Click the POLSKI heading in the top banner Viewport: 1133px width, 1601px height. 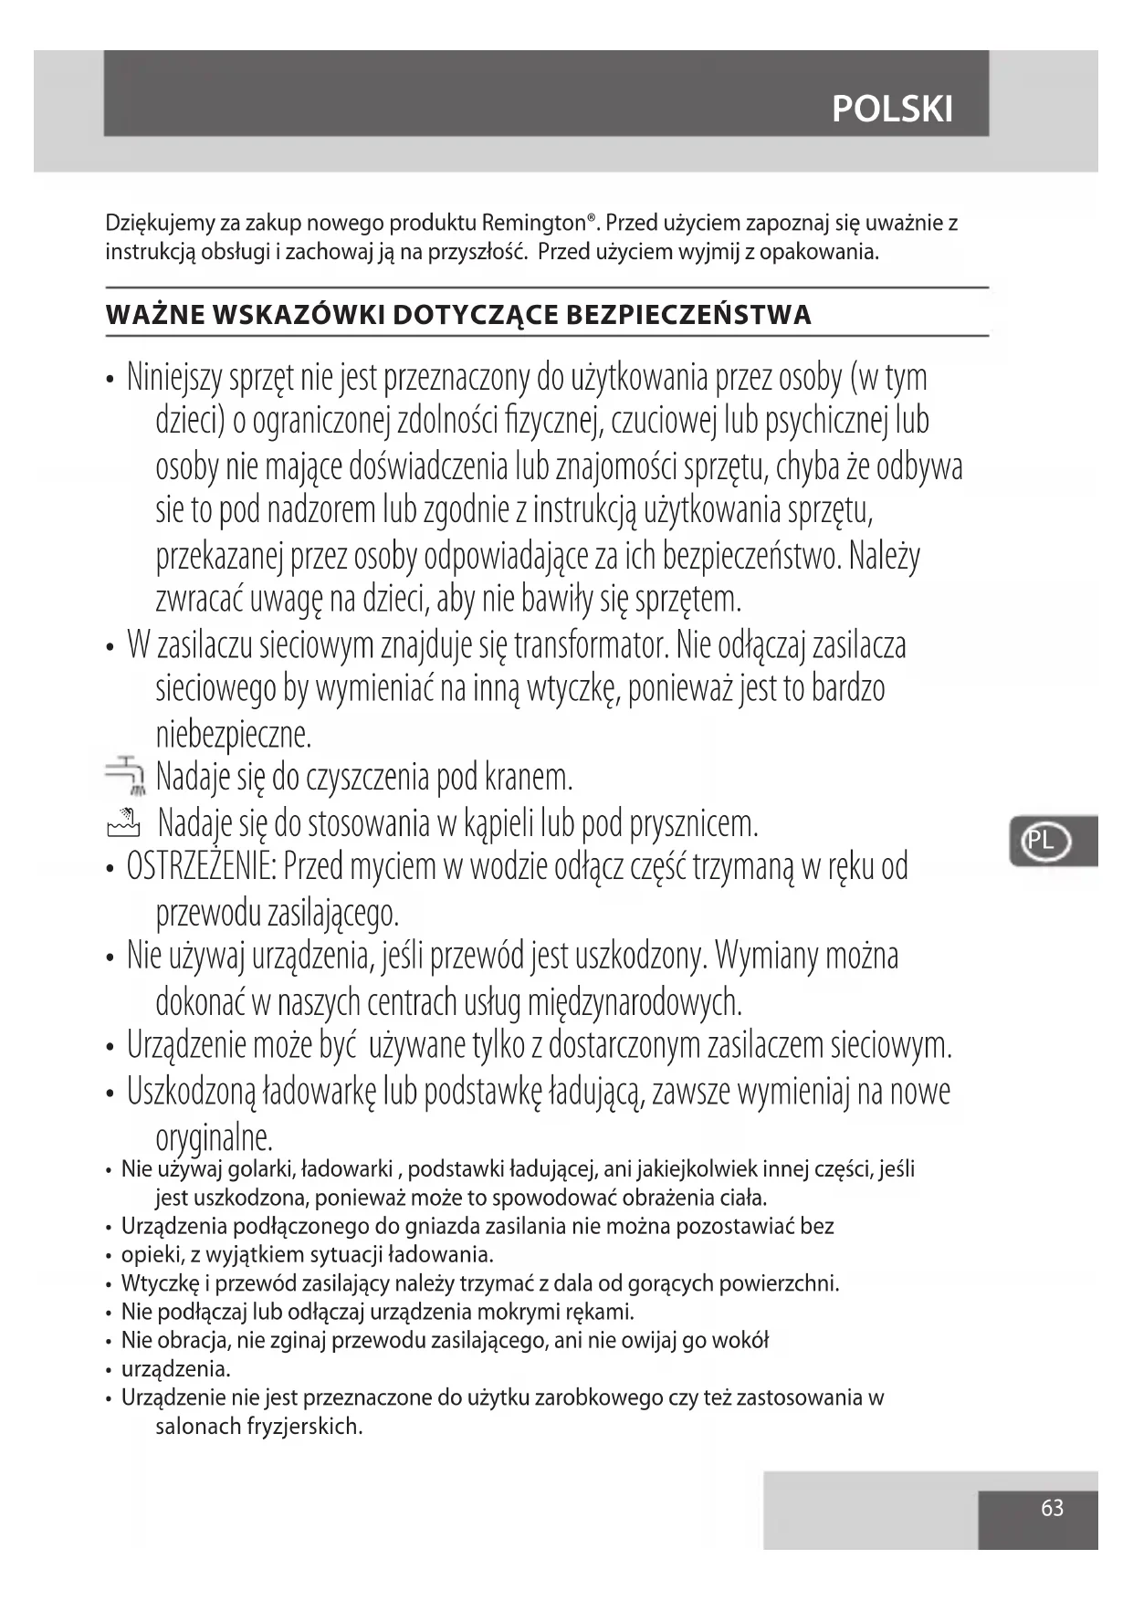tap(892, 110)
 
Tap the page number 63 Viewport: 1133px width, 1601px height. tap(1052, 1507)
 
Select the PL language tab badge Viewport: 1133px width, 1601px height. tap(1041, 841)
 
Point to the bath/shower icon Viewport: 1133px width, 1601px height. tap(124, 822)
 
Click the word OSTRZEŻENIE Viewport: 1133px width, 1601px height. tap(201, 866)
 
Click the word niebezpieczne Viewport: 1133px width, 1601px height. tap(234, 733)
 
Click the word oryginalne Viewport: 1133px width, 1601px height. tap(215, 1137)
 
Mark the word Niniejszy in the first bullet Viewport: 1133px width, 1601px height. tap(180, 377)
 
